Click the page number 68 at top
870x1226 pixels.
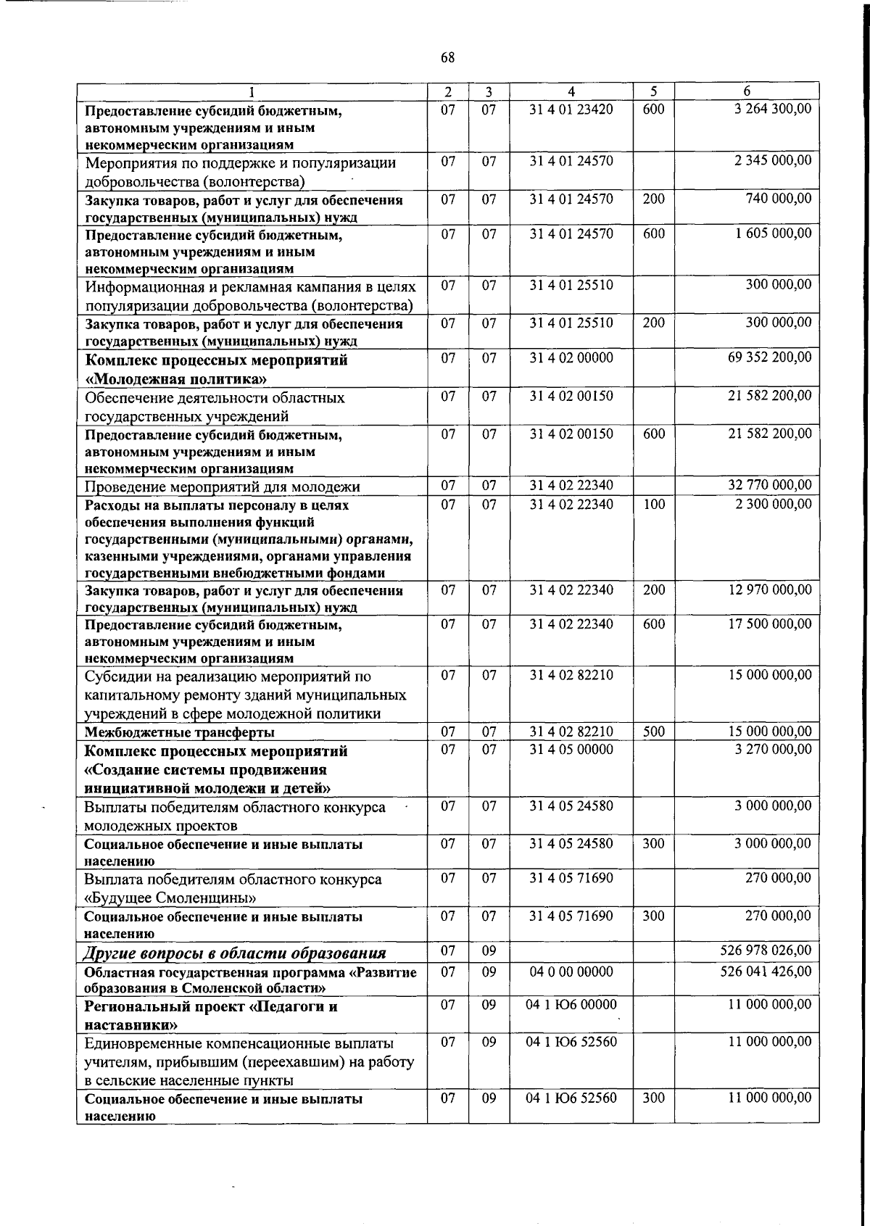(x=447, y=57)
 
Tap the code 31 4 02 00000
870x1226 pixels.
(x=571, y=357)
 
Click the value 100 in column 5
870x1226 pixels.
(x=653, y=504)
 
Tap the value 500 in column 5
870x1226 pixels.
(x=653, y=732)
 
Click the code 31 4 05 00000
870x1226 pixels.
(x=571, y=749)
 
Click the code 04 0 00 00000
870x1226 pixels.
(x=571, y=972)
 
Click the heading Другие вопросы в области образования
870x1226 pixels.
(x=235, y=953)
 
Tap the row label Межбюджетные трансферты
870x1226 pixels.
(x=180, y=732)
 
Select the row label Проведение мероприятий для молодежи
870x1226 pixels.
(x=222, y=486)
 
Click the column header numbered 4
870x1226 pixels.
(x=571, y=92)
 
